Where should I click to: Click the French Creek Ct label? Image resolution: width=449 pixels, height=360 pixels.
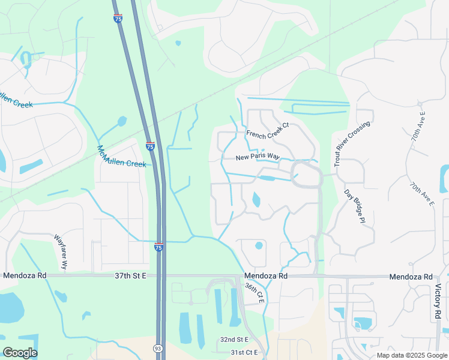click(268, 129)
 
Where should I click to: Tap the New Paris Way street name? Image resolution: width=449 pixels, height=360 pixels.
click(258, 157)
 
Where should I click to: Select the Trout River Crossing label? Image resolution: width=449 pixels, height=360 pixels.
click(352, 143)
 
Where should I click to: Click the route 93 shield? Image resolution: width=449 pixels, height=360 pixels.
click(157, 347)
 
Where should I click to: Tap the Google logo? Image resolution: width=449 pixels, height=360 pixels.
click(20, 353)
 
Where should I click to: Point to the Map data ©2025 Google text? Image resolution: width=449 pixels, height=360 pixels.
click(412, 355)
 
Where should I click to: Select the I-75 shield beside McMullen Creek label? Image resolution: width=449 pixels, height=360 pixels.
click(150, 146)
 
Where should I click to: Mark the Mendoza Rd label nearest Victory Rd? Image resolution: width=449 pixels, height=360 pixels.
click(411, 277)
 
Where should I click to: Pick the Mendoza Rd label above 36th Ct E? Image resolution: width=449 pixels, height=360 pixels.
click(266, 276)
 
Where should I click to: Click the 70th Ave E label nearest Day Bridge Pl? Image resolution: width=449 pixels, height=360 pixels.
click(422, 194)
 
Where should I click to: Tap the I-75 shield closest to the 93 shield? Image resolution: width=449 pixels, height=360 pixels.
click(158, 247)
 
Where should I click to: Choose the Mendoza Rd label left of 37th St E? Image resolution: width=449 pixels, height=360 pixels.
click(25, 276)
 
